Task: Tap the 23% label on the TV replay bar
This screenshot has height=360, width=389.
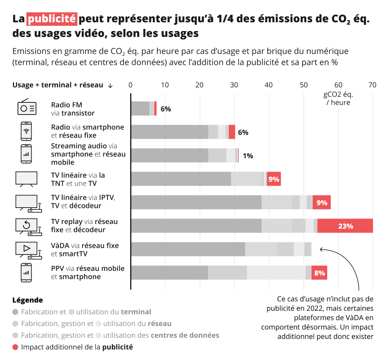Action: tap(346, 226)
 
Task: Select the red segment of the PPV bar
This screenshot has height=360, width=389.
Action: tap(319, 273)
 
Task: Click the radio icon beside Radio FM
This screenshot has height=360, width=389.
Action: tap(27, 107)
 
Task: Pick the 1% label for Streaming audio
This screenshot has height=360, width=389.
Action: tap(248, 156)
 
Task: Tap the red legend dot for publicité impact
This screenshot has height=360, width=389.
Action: tap(15, 347)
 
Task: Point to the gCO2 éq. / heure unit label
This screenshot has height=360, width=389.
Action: tap(338, 99)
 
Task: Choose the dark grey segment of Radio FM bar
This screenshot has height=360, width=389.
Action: tap(140, 108)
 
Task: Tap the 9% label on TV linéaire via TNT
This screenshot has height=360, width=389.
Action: tap(274, 179)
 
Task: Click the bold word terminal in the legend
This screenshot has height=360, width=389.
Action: tap(136, 312)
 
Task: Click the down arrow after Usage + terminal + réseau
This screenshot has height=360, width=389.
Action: tap(110, 86)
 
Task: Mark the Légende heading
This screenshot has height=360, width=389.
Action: tap(28, 300)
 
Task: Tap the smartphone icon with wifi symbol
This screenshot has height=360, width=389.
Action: tap(26, 131)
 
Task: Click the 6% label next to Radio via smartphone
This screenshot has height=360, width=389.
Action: tap(243, 132)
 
